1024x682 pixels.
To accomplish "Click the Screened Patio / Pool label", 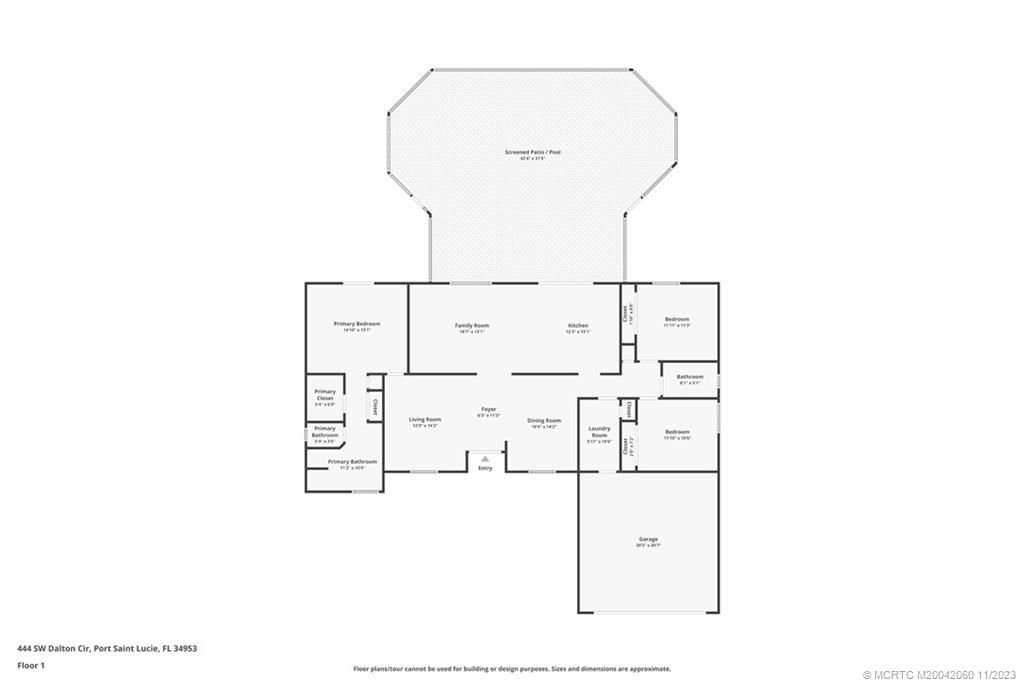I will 532,152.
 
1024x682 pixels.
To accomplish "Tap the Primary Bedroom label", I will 356,324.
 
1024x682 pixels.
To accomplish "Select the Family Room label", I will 472,325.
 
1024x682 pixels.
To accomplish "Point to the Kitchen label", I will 578,325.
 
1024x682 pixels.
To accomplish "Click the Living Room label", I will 425,419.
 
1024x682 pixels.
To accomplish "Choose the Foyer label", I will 489,409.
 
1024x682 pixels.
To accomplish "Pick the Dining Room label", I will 544,420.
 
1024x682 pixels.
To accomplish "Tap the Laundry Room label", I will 599,432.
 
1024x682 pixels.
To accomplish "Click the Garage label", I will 647,539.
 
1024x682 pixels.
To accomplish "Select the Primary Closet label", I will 325,395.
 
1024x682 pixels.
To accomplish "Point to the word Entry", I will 485,468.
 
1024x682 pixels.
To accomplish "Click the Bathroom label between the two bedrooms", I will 690,377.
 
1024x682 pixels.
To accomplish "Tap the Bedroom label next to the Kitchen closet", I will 677,319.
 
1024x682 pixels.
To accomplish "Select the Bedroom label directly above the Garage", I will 677,431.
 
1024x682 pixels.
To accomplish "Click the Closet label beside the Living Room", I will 375,407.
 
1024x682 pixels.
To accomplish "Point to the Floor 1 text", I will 31,664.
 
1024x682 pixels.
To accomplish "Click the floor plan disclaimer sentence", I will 511,669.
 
